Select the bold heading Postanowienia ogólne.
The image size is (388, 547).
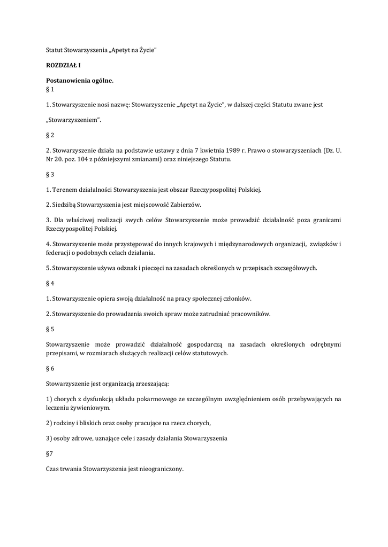pyautogui.click(x=80, y=80)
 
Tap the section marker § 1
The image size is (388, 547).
pyautogui.click(x=50, y=89)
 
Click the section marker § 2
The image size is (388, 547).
pyautogui.click(x=50, y=135)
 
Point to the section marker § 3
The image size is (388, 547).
pyautogui.click(x=50, y=174)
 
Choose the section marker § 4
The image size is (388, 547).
pyautogui.click(x=50, y=283)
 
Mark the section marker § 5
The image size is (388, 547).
pyautogui.click(x=50, y=329)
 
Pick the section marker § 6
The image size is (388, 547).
pyautogui.click(x=50, y=368)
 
